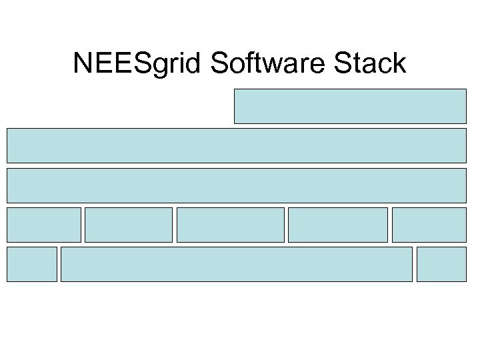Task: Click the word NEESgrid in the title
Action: (x=138, y=63)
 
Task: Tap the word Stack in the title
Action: (x=370, y=63)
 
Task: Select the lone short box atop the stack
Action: (x=349, y=106)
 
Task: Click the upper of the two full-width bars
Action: (x=236, y=145)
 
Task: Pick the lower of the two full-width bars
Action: (x=236, y=185)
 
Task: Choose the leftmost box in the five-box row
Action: (x=43, y=225)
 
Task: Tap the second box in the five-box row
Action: (x=129, y=225)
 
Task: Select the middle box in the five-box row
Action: (x=230, y=225)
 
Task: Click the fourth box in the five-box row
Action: (x=337, y=225)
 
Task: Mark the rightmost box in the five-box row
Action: (x=429, y=225)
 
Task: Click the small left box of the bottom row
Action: (x=31, y=264)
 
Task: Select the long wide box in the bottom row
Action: (x=236, y=264)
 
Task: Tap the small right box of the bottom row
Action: (x=441, y=264)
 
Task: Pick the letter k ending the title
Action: (x=399, y=63)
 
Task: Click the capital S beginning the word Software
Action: (x=219, y=63)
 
